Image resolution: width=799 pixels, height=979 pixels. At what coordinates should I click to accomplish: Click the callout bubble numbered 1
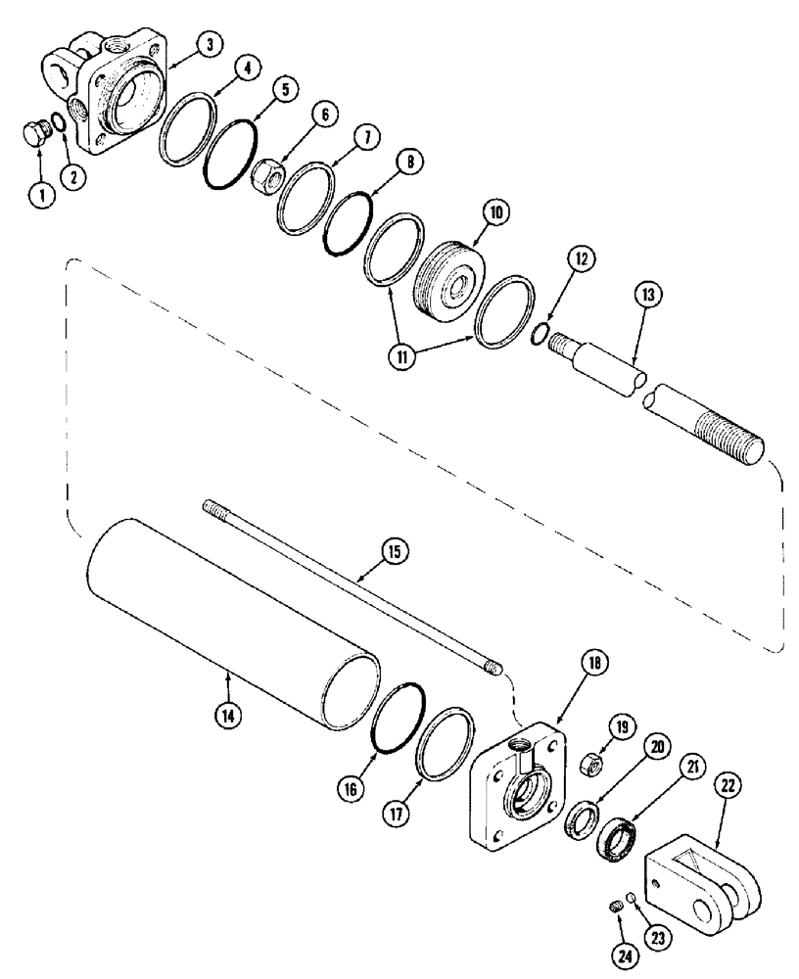point(40,193)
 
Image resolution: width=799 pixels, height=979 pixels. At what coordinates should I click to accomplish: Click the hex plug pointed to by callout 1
point(37,136)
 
